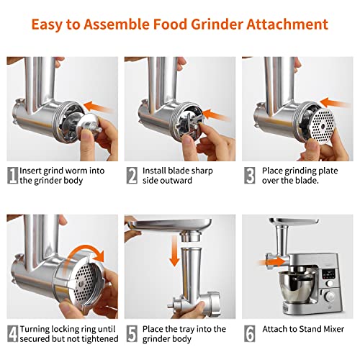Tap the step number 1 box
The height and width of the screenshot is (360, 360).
coord(12,174)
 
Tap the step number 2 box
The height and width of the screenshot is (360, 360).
coord(132,174)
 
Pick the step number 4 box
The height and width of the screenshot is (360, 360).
coord(12,334)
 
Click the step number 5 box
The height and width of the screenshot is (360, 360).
coord(132,334)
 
